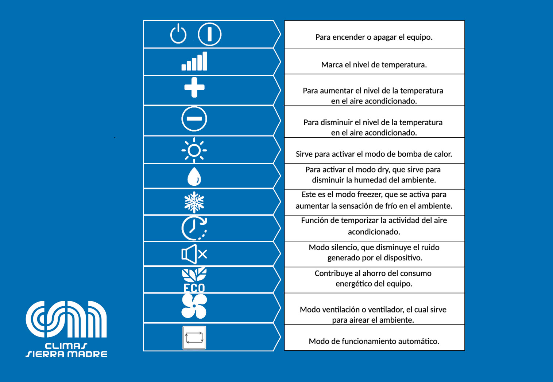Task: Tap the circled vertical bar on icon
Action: point(210,34)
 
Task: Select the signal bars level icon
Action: point(194,61)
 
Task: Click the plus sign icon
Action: point(194,87)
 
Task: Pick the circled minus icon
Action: point(194,119)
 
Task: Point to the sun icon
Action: point(194,150)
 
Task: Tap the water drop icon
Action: point(194,177)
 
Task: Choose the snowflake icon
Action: point(194,202)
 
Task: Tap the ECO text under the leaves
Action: point(194,288)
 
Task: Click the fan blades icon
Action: point(194,306)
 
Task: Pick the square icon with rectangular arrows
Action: point(194,338)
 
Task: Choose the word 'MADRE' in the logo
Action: point(87,354)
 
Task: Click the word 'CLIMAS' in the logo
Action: point(66,346)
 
